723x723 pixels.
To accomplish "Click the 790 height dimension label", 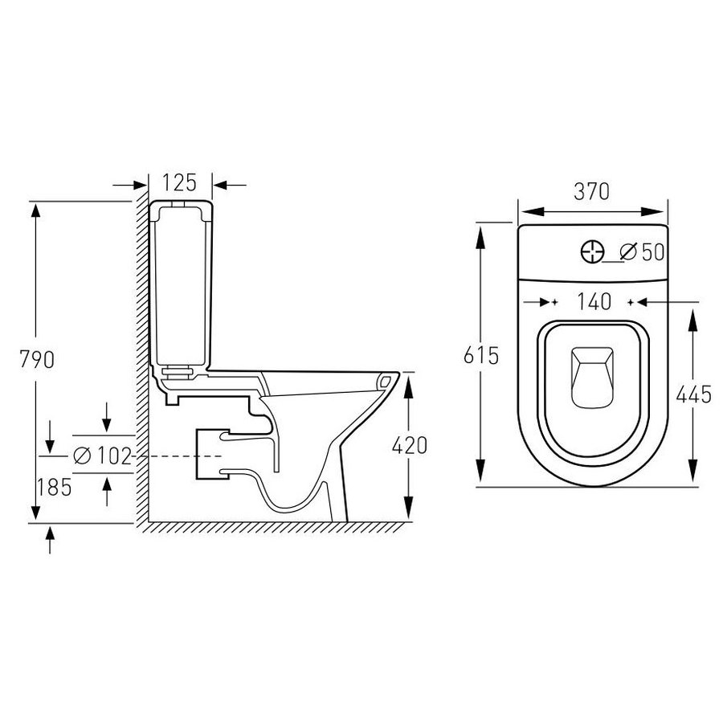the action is click(37, 359).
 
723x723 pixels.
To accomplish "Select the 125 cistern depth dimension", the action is click(179, 182).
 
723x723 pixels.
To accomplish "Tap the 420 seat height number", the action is click(410, 445).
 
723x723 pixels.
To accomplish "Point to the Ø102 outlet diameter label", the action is click(103, 455).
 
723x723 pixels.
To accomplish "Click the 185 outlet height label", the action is click(55, 487).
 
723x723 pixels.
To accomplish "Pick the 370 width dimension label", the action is click(591, 192).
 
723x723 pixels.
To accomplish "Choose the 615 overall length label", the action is click(481, 356).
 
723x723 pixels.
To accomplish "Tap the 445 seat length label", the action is click(694, 394).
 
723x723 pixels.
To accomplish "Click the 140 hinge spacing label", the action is click(594, 301).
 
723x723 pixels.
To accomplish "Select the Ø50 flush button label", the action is click(642, 251).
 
